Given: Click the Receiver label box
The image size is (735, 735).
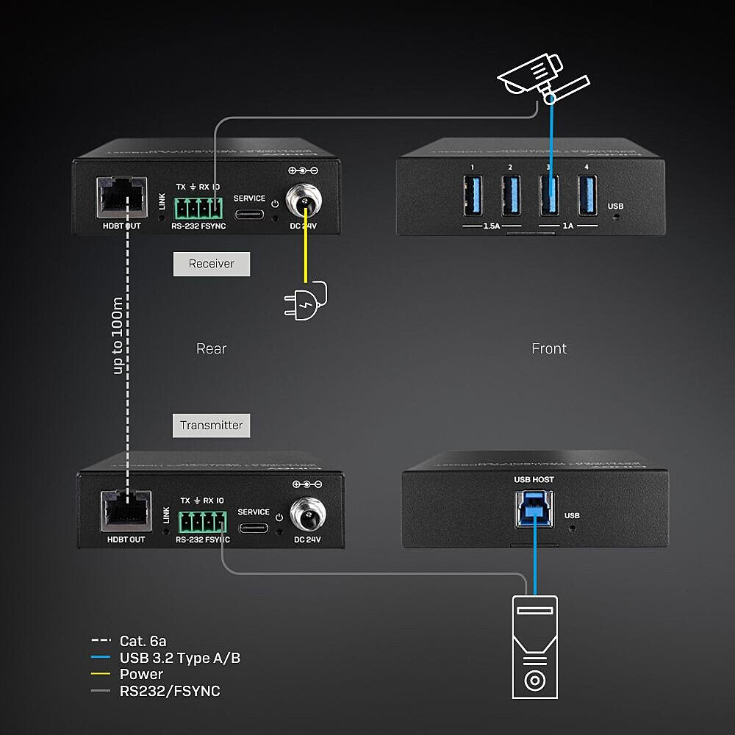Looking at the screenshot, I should [x=211, y=264].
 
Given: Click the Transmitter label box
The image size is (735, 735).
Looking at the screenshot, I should [x=211, y=425].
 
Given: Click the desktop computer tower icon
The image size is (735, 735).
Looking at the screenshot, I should [x=534, y=646].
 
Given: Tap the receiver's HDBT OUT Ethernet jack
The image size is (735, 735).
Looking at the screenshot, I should [x=123, y=196].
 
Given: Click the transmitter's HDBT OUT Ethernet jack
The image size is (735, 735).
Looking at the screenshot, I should [x=126, y=510].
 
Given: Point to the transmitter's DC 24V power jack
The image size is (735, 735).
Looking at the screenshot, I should [x=306, y=512].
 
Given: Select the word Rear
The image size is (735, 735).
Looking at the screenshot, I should [x=211, y=348].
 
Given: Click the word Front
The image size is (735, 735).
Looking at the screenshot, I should [x=549, y=348].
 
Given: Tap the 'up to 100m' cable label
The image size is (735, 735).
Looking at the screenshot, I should [x=118, y=335].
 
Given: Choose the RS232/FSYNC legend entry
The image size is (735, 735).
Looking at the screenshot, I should [x=170, y=691].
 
